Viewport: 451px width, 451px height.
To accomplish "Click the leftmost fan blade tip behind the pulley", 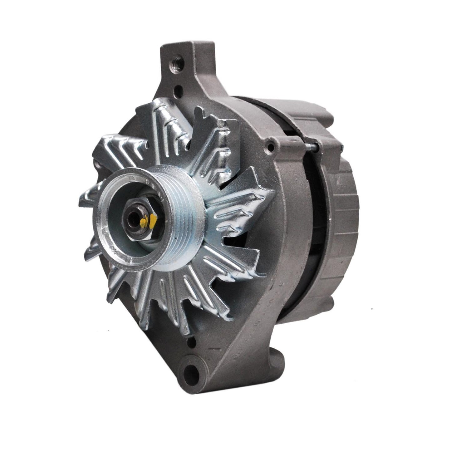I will click(x=86, y=200).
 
